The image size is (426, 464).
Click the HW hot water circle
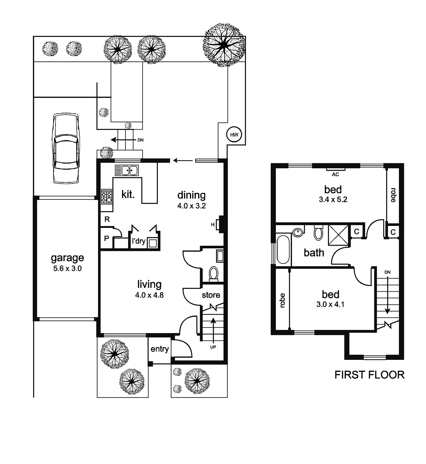(x=234, y=135)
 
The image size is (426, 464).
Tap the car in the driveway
(x=66, y=148)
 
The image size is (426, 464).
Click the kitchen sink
(x=127, y=170)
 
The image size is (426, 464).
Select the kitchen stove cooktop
(x=106, y=197)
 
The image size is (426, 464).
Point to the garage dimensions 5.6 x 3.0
(x=67, y=269)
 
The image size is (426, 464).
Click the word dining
(x=191, y=195)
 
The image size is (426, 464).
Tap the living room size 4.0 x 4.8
(x=149, y=295)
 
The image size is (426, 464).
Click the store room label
(x=211, y=295)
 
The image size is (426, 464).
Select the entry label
(x=159, y=349)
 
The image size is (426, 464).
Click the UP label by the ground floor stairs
(x=213, y=347)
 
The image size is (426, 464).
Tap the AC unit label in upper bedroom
(x=335, y=174)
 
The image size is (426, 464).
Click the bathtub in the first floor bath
(x=283, y=249)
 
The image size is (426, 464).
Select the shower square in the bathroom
(x=338, y=235)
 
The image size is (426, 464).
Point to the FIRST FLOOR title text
(x=369, y=375)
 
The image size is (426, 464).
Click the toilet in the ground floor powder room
(x=214, y=274)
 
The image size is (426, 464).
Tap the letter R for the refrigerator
(x=107, y=219)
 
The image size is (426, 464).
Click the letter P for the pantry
(x=106, y=238)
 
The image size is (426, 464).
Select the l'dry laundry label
(x=139, y=241)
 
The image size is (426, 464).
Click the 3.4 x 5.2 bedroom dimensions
(x=333, y=200)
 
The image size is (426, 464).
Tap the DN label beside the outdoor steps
(x=140, y=140)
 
